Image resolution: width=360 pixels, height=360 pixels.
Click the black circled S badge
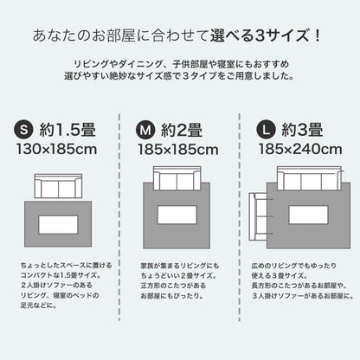(x=24, y=130)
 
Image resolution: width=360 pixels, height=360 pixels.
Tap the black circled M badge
(x=145, y=130)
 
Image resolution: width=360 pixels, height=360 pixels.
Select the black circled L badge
(x=267, y=130)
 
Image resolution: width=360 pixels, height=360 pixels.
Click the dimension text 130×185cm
(x=57, y=150)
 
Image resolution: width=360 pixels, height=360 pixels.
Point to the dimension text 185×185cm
(x=178, y=150)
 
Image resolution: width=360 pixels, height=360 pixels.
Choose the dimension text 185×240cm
(x=300, y=149)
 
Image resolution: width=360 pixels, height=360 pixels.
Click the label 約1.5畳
(x=67, y=130)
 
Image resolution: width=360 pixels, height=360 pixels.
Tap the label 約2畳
(x=182, y=130)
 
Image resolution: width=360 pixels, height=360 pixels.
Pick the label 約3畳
(x=302, y=130)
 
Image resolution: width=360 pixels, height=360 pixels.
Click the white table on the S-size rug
(x=58, y=225)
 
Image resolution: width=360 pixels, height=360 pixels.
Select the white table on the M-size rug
(x=177, y=215)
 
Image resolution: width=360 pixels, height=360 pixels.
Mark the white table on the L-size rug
(x=309, y=215)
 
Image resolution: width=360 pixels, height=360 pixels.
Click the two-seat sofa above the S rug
(x=58, y=186)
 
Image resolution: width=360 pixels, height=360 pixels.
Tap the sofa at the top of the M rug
(x=177, y=178)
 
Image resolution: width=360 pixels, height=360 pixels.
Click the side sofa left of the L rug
(x=258, y=216)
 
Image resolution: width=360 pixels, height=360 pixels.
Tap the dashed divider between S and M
(x=119, y=217)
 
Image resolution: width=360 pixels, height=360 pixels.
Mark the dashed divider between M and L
(x=240, y=217)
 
